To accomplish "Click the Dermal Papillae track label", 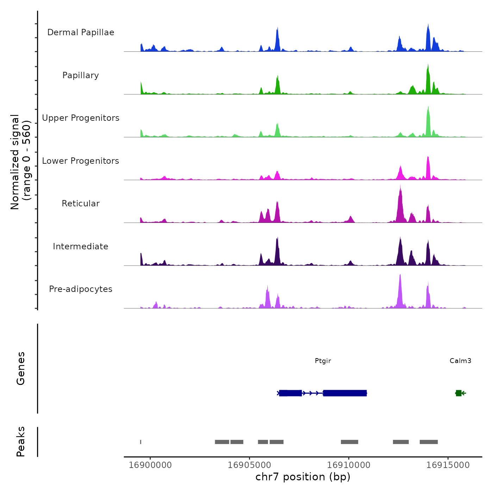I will pos(81,32).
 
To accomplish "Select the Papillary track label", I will pos(81,75).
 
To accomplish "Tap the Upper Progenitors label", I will pos(81,118).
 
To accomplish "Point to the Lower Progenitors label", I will pos(81,161).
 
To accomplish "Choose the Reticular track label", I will pos(81,204).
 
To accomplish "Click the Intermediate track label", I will pos(81,246).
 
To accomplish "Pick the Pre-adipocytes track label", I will pos(81,289).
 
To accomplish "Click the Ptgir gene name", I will pos(323,361).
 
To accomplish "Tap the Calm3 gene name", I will pos(460,361).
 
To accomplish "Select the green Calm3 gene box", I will pos(458,393).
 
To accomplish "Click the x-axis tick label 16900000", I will pos(150,465).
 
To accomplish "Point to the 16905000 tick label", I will pos(249,465).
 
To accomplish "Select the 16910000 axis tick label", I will pos(349,465).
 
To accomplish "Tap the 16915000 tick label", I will pos(448,465).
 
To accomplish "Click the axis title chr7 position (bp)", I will pos(303,477).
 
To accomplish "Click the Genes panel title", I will pos(21,368).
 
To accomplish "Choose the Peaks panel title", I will pos(21,442).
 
